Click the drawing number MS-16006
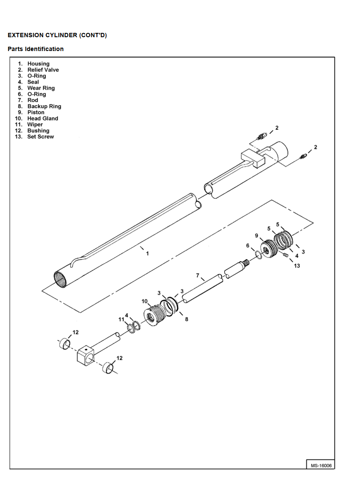(320, 465)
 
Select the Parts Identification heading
(35, 49)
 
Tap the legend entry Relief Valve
(43, 70)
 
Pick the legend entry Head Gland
(42, 118)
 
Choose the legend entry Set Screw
(40, 136)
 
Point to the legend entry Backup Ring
(44, 106)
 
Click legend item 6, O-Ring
(36, 94)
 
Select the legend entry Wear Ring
(41, 88)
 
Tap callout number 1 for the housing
(147, 253)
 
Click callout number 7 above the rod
(197, 275)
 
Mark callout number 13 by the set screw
(297, 266)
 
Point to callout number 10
(145, 301)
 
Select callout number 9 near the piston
(256, 235)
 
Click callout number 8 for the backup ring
(186, 319)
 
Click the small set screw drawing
(286, 256)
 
